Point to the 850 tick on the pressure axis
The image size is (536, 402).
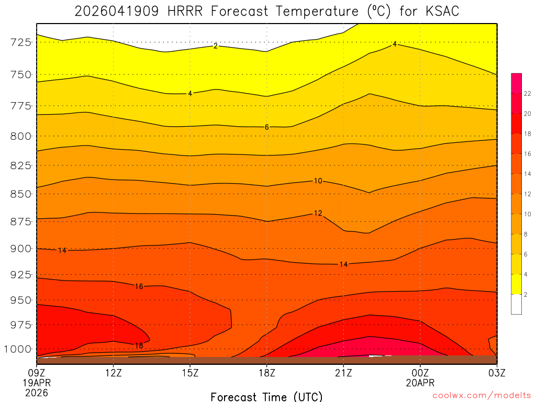(21, 194)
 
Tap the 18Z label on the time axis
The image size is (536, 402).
(266, 373)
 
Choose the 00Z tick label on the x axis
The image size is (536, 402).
(420, 373)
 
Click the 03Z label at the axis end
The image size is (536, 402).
(496, 373)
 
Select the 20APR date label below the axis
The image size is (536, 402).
(420, 383)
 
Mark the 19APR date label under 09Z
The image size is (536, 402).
(36, 383)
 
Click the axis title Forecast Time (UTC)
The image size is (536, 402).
(266, 396)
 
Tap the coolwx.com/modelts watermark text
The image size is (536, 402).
(481, 395)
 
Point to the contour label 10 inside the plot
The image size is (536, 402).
(318, 181)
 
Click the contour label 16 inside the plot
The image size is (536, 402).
(139, 286)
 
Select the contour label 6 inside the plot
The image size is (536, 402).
(266, 127)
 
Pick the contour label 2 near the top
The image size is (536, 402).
(215, 46)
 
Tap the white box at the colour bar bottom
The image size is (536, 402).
(516, 304)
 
